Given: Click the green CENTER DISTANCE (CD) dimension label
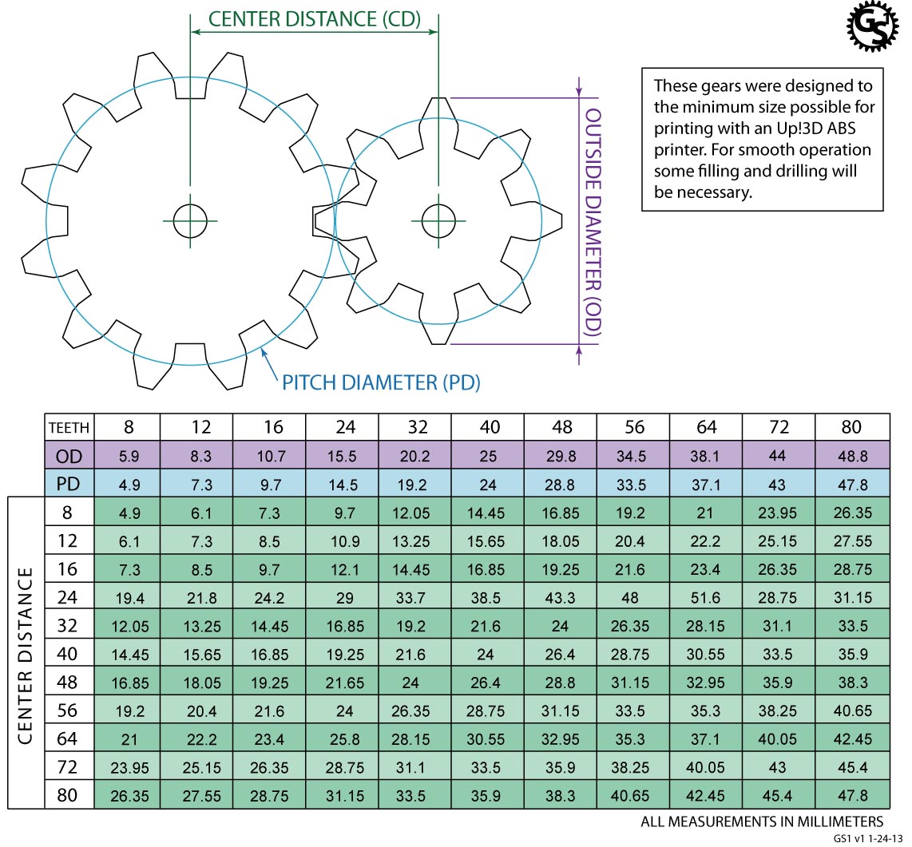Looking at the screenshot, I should pos(314,19).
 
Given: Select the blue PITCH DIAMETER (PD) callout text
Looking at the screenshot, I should pos(381,382).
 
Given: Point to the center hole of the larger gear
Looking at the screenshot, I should pos(190,220).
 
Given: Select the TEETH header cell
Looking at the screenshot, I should pos(69,427).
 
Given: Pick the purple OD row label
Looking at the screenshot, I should pos(69,457).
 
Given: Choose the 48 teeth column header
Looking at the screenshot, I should pos(561,427).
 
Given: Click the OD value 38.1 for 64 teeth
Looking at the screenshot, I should pos(706,457).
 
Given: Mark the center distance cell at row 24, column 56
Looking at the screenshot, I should pos(633,597).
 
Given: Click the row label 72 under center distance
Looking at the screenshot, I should pos(69,766).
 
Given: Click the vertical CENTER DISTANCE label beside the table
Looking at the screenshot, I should pos(26,655).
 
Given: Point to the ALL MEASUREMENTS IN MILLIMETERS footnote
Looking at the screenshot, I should pos(762,821).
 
